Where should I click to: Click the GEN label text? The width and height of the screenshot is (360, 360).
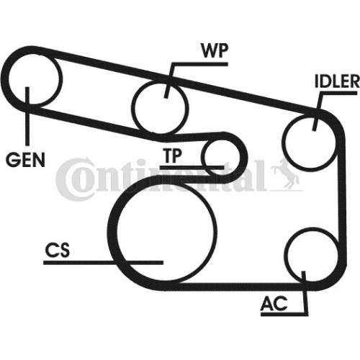[25, 160]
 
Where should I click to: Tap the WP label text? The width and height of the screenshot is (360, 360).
[215, 50]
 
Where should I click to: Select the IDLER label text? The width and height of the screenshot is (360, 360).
[337, 81]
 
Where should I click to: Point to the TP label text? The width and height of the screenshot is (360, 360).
[173, 156]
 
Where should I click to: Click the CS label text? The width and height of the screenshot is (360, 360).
[58, 250]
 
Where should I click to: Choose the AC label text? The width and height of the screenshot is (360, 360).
[274, 303]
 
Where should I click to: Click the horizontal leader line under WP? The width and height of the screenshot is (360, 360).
[199, 64]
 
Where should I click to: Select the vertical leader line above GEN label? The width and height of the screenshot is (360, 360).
[27, 117]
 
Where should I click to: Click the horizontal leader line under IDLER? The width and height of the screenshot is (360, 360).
[338, 93]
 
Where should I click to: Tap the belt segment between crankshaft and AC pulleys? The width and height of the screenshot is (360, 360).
[238, 287]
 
